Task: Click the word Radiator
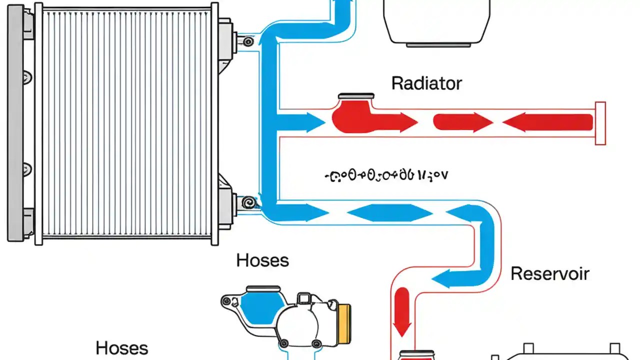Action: (x=426, y=83)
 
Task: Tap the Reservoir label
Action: (x=549, y=273)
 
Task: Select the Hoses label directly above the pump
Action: (x=262, y=260)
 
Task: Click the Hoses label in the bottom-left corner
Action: (x=121, y=348)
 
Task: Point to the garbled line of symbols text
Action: (x=385, y=175)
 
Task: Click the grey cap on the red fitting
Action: (x=356, y=95)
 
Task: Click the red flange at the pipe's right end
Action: (x=600, y=123)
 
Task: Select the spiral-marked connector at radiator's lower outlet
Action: (x=246, y=202)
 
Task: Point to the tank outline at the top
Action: (x=436, y=22)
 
